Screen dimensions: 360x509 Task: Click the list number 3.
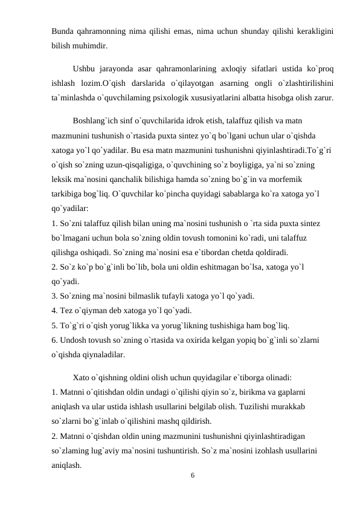54,296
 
